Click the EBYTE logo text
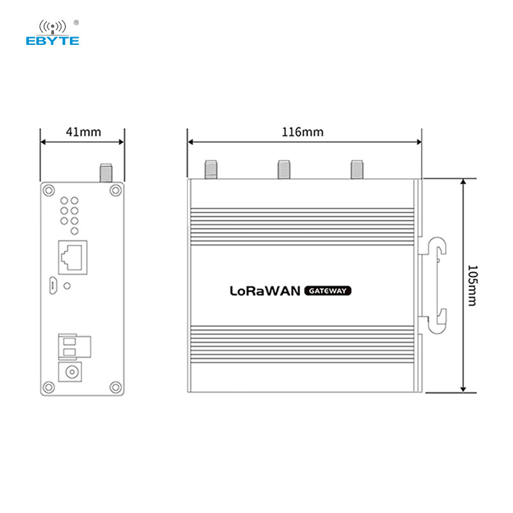click(53, 40)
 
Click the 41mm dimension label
click(83, 132)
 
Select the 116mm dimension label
click(303, 132)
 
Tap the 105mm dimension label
click(472, 286)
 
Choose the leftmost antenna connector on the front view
click(209, 169)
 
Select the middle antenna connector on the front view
click(283, 169)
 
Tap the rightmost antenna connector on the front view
click(357, 169)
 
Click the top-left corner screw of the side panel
click(49, 189)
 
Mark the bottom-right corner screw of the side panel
click(115, 387)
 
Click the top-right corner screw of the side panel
click(115, 189)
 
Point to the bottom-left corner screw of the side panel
click(49, 387)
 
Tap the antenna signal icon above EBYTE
click(53, 26)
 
